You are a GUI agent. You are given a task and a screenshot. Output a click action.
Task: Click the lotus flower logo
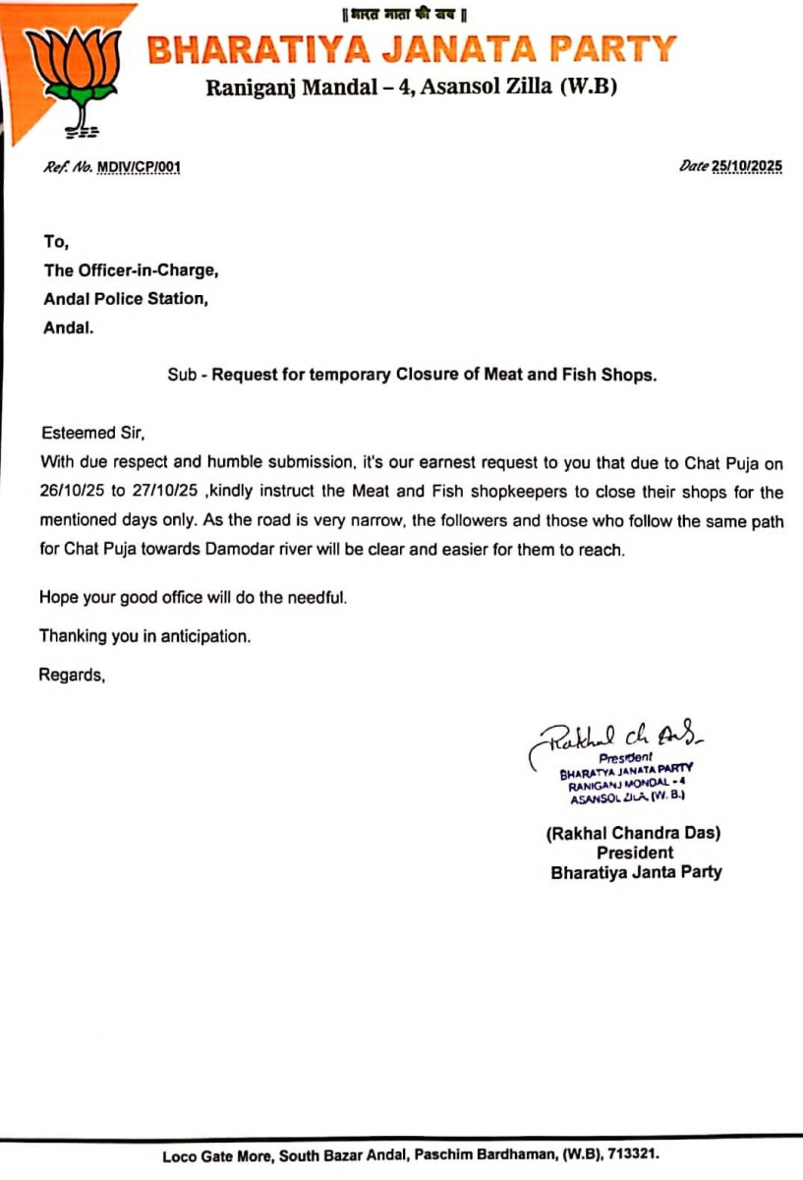pos(72,74)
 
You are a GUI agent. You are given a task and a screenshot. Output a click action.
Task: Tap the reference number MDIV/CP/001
pos(139,167)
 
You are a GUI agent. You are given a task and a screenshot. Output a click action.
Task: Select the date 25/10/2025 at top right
pos(747,167)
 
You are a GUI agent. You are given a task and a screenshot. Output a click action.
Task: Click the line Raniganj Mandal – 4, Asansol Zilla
pos(411,88)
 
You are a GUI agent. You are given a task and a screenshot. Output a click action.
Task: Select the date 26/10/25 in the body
pos(71,492)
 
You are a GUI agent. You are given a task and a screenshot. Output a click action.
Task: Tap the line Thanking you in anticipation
pos(145,636)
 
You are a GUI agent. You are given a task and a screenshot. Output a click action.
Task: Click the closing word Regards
pos(72,675)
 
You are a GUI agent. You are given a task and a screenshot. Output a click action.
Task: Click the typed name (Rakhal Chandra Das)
pos(634,833)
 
